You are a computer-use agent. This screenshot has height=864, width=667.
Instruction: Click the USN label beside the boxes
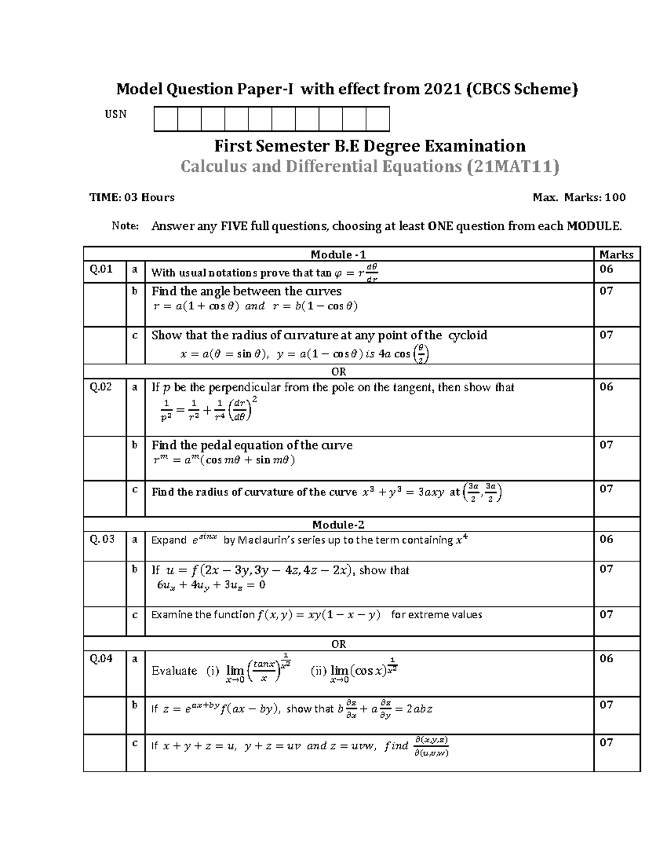(x=116, y=115)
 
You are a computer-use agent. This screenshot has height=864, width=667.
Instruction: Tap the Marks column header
(x=616, y=254)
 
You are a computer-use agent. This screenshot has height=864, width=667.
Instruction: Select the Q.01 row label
(x=101, y=269)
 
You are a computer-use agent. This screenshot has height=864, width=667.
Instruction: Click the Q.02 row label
(x=101, y=387)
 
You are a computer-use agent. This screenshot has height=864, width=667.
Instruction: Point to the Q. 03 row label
(x=102, y=539)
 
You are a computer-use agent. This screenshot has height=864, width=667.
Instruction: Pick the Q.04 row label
(x=101, y=659)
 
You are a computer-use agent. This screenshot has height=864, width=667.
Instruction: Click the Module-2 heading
(x=338, y=525)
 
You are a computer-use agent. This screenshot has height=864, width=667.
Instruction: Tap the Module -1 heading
(x=338, y=254)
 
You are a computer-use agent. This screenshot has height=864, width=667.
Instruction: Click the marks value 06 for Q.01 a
(x=606, y=269)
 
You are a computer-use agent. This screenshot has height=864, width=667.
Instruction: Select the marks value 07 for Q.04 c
(x=606, y=743)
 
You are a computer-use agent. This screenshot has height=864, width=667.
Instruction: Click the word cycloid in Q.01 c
(x=467, y=335)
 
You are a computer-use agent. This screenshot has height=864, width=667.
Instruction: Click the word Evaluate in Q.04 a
(x=174, y=671)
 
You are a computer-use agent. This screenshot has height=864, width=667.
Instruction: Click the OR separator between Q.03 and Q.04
(x=339, y=644)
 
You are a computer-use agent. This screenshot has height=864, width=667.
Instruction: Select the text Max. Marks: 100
(x=579, y=198)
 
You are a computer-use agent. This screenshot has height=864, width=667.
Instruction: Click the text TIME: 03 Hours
(x=132, y=198)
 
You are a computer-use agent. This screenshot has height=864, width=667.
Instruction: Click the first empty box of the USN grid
(x=166, y=120)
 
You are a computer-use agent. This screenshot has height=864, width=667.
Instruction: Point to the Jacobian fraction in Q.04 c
(x=431, y=747)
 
